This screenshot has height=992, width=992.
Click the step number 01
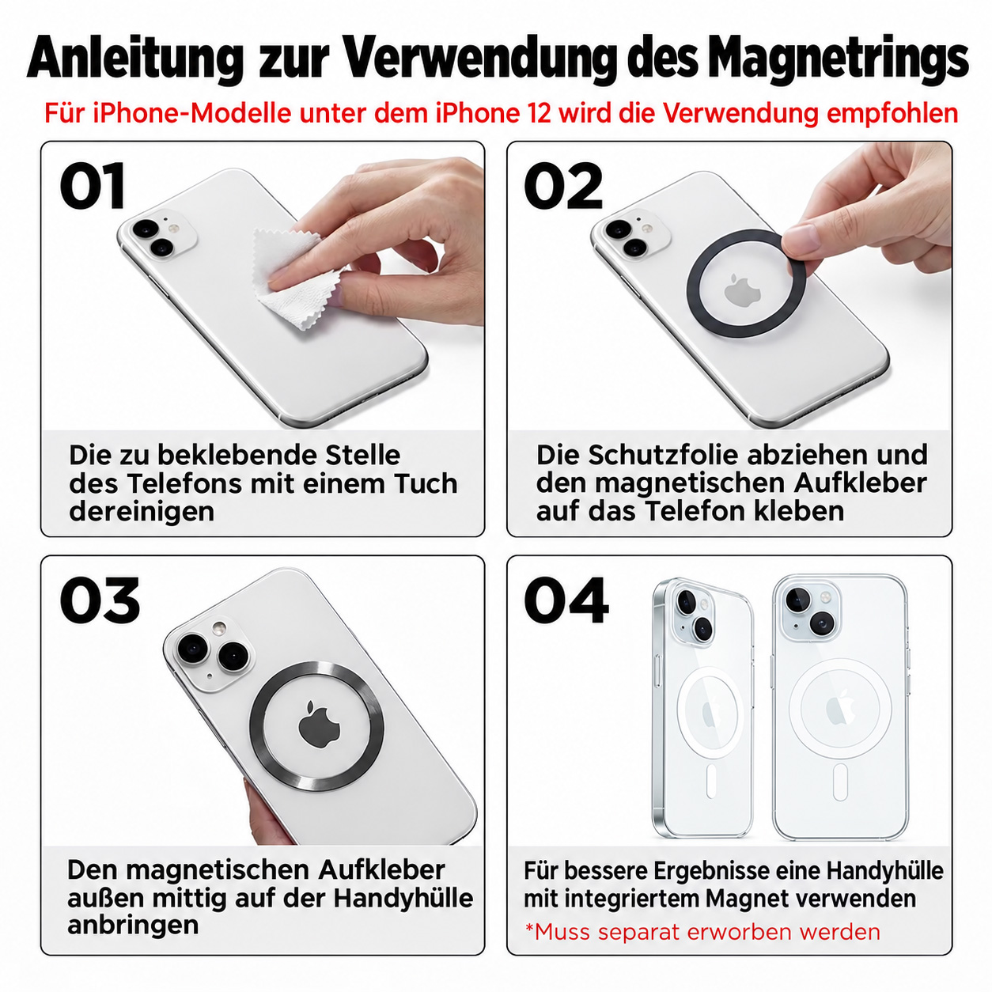(93, 185)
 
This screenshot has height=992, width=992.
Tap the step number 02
(563, 185)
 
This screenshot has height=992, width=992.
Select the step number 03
(100, 600)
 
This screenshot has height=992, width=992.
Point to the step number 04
(566, 600)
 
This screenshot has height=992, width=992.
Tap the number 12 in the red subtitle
(539, 113)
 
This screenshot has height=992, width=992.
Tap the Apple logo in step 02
(742, 291)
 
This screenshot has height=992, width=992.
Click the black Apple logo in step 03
(319, 723)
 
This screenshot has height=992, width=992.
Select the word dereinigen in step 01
(142, 512)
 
